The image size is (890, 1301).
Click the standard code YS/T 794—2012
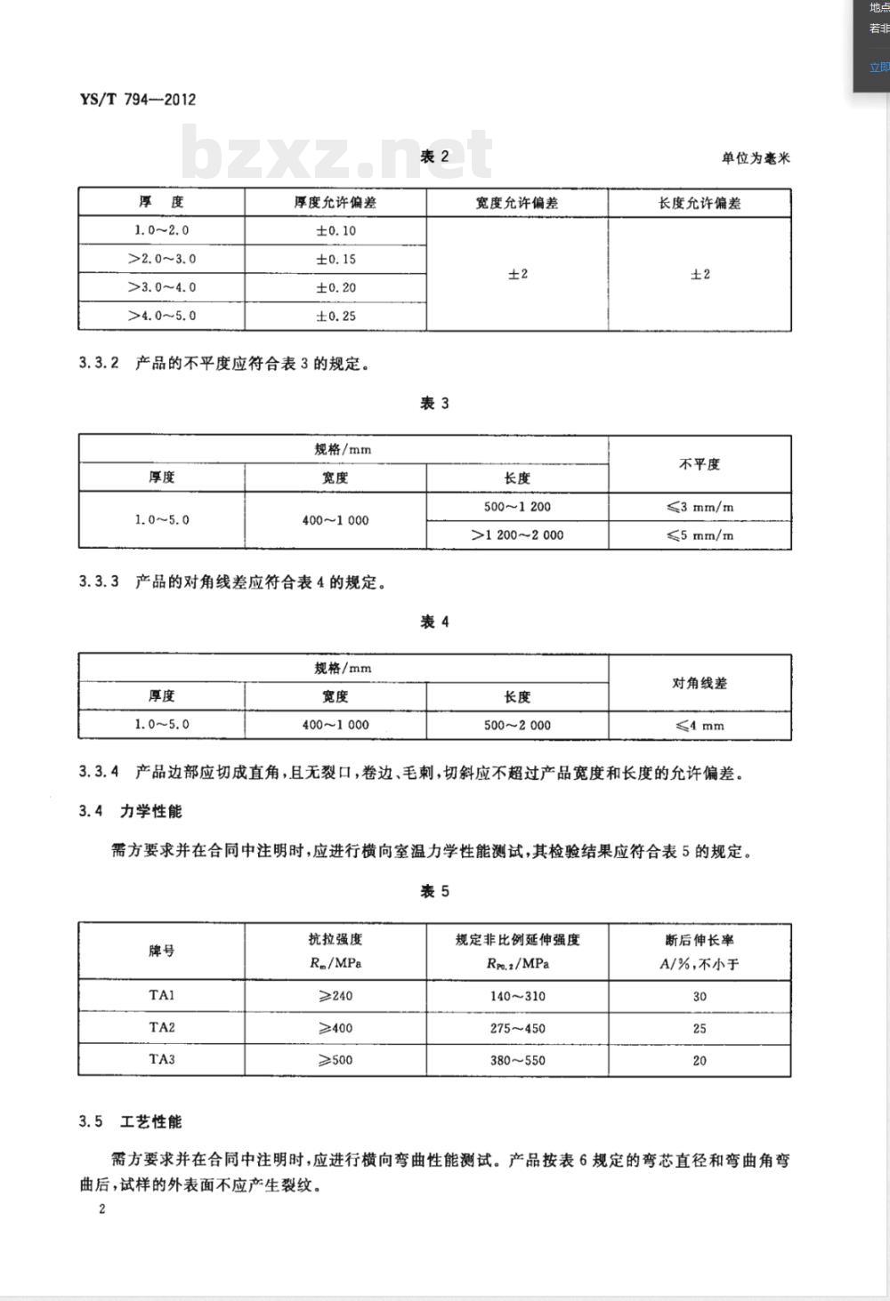pyautogui.click(x=138, y=100)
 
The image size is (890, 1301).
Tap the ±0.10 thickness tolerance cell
pyautogui.click(x=336, y=230)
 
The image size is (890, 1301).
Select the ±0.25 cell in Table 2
pyautogui.click(x=336, y=316)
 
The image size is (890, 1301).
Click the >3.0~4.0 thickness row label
pyautogui.click(x=161, y=287)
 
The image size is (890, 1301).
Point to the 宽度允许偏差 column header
pyautogui.click(x=516, y=203)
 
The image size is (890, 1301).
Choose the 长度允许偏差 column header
pyautogui.click(x=700, y=203)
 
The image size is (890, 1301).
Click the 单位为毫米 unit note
pyautogui.click(x=756, y=158)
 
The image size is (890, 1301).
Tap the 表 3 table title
pyautogui.click(x=434, y=404)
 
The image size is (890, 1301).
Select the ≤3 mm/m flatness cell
pyautogui.click(x=700, y=507)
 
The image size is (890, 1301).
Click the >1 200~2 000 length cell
pyautogui.click(x=517, y=534)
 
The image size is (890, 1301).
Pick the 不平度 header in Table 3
pyautogui.click(x=700, y=464)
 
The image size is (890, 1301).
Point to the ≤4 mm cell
pyautogui.click(x=700, y=725)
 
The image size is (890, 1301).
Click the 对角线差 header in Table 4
pyautogui.click(x=700, y=683)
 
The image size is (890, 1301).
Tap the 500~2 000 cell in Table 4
pyautogui.click(x=517, y=725)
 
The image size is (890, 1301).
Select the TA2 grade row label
pyautogui.click(x=162, y=1027)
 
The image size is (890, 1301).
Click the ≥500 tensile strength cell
pyautogui.click(x=336, y=1060)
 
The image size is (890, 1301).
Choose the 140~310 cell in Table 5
pyautogui.click(x=517, y=996)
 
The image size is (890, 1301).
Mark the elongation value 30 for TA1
pyautogui.click(x=700, y=996)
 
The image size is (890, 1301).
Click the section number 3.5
pyautogui.click(x=92, y=1121)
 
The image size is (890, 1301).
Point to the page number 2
pyautogui.click(x=102, y=1209)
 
